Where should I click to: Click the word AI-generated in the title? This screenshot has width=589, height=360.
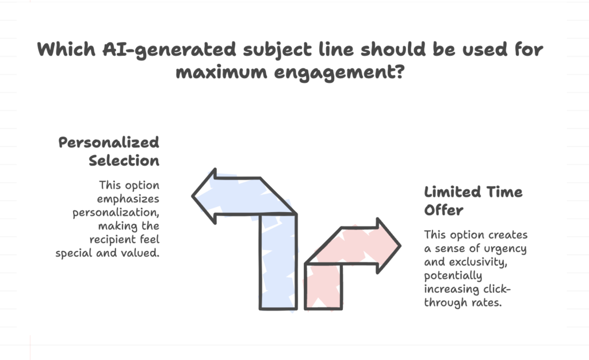(170, 50)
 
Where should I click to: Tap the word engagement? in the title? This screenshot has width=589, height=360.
(339, 72)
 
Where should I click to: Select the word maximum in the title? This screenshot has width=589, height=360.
(221, 71)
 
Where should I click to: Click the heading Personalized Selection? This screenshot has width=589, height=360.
(109, 151)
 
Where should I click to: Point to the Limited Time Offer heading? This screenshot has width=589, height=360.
(473, 201)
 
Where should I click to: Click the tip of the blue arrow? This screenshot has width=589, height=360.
(192, 196)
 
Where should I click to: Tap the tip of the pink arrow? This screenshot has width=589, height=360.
(400, 246)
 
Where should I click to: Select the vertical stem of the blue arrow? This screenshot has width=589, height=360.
(278, 262)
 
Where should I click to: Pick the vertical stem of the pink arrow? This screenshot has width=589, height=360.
(323, 286)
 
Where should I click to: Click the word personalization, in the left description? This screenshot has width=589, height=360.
(116, 213)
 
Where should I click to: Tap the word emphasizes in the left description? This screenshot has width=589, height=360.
(128, 199)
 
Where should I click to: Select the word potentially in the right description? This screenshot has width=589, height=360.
(453, 276)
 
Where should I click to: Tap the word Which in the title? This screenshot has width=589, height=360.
(66, 49)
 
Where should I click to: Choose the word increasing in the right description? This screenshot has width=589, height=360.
(452, 289)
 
